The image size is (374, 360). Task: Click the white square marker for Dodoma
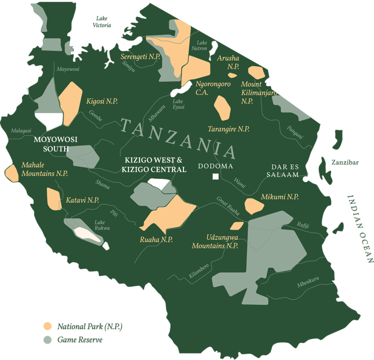pyautogui.click(x=215, y=177)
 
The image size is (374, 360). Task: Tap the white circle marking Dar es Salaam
pyautogui.click(x=305, y=179)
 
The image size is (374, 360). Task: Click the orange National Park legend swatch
pyautogui.click(x=47, y=325)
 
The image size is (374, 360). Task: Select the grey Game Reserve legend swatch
pyautogui.click(x=47, y=340)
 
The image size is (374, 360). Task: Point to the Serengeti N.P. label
pyautogui.click(x=140, y=57)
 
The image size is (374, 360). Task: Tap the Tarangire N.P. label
pyautogui.click(x=228, y=129)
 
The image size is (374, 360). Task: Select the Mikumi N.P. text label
pyautogui.click(x=280, y=197)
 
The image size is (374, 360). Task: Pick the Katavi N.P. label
pyautogui.click(x=78, y=200)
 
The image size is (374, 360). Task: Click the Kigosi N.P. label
pyautogui.click(x=102, y=101)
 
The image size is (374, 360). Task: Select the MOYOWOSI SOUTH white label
pyautogui.click(x=56, y=144)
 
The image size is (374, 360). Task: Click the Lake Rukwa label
pyautogui.click(x=102, y=225)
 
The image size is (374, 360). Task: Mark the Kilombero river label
pyautogui.click(x=199, y=271)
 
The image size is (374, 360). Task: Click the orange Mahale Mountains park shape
pyautogui.click(x=11, y=172)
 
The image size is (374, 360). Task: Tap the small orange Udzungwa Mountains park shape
pyautogui.click(x=237, y=226)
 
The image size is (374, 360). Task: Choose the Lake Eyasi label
pyautogui.click(x=179, y=104)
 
